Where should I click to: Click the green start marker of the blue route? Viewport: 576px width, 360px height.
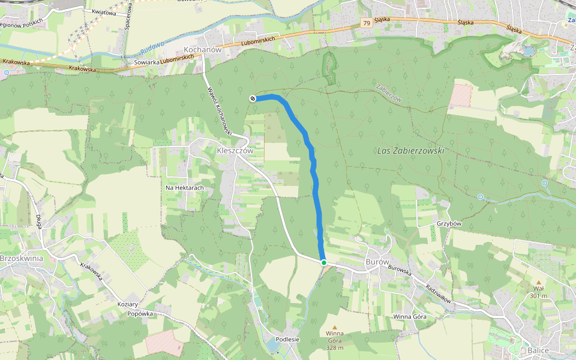(323, 263)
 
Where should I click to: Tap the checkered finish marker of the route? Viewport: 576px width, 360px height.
(253, 98)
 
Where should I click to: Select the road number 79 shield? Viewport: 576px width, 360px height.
(366, 23)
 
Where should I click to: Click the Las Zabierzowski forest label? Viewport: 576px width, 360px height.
(411, 151)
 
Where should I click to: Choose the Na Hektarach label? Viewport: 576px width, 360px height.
(185, 188)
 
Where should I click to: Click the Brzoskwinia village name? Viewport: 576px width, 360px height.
(22, 258)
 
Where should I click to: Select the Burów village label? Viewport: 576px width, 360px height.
(377, 262)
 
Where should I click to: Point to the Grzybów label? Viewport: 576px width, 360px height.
(449, 224)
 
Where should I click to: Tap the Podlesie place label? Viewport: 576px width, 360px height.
(288, 339)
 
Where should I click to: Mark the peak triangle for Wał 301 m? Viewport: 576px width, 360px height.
(538, 282)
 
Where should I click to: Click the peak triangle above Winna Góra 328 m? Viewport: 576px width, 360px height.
(335, 327)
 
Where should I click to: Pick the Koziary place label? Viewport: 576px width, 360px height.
(128, 304)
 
